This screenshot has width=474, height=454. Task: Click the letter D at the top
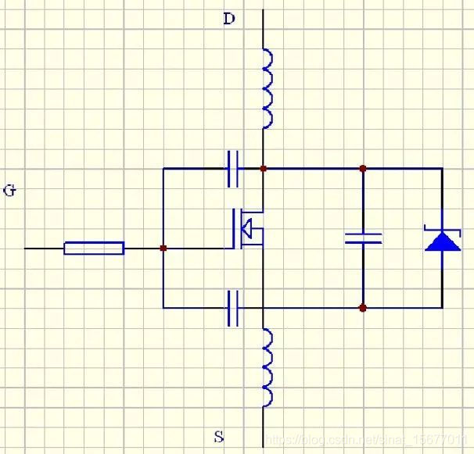point(229,19)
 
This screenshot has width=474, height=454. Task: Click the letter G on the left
point(9,190)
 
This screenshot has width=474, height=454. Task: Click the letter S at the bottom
point(217,435)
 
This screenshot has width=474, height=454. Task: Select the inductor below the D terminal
point(266,88)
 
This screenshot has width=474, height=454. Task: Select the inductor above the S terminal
point(266,367)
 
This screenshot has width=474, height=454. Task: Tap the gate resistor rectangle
point(94,248)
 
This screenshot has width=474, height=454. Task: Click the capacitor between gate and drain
point(232,168)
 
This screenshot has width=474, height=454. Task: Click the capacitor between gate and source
point(232,308)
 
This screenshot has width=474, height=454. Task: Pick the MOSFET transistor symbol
point(247,229)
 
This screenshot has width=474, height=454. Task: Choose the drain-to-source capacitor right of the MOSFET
point(363,238)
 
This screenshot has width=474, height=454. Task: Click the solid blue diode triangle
point(443,241)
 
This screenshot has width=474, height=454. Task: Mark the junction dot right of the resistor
point(163,248)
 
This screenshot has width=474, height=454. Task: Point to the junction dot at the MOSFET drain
point(264,168)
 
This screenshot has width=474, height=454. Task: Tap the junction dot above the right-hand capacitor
point(363,168)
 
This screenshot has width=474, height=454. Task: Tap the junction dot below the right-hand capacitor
point(363,308)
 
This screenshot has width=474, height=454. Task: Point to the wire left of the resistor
point(44,248)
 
